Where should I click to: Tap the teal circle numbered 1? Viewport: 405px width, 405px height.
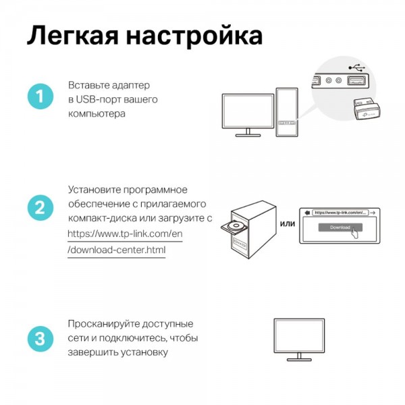click(40, 97)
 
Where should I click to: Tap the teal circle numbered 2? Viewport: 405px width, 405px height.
click(40, 208)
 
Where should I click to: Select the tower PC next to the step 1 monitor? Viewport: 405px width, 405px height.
click(286, 111)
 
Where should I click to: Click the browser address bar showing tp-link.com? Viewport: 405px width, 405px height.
click(340, 213)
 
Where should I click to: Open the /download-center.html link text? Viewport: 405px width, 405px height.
click(116, 250)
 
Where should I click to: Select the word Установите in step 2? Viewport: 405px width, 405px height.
click(96, 189)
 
